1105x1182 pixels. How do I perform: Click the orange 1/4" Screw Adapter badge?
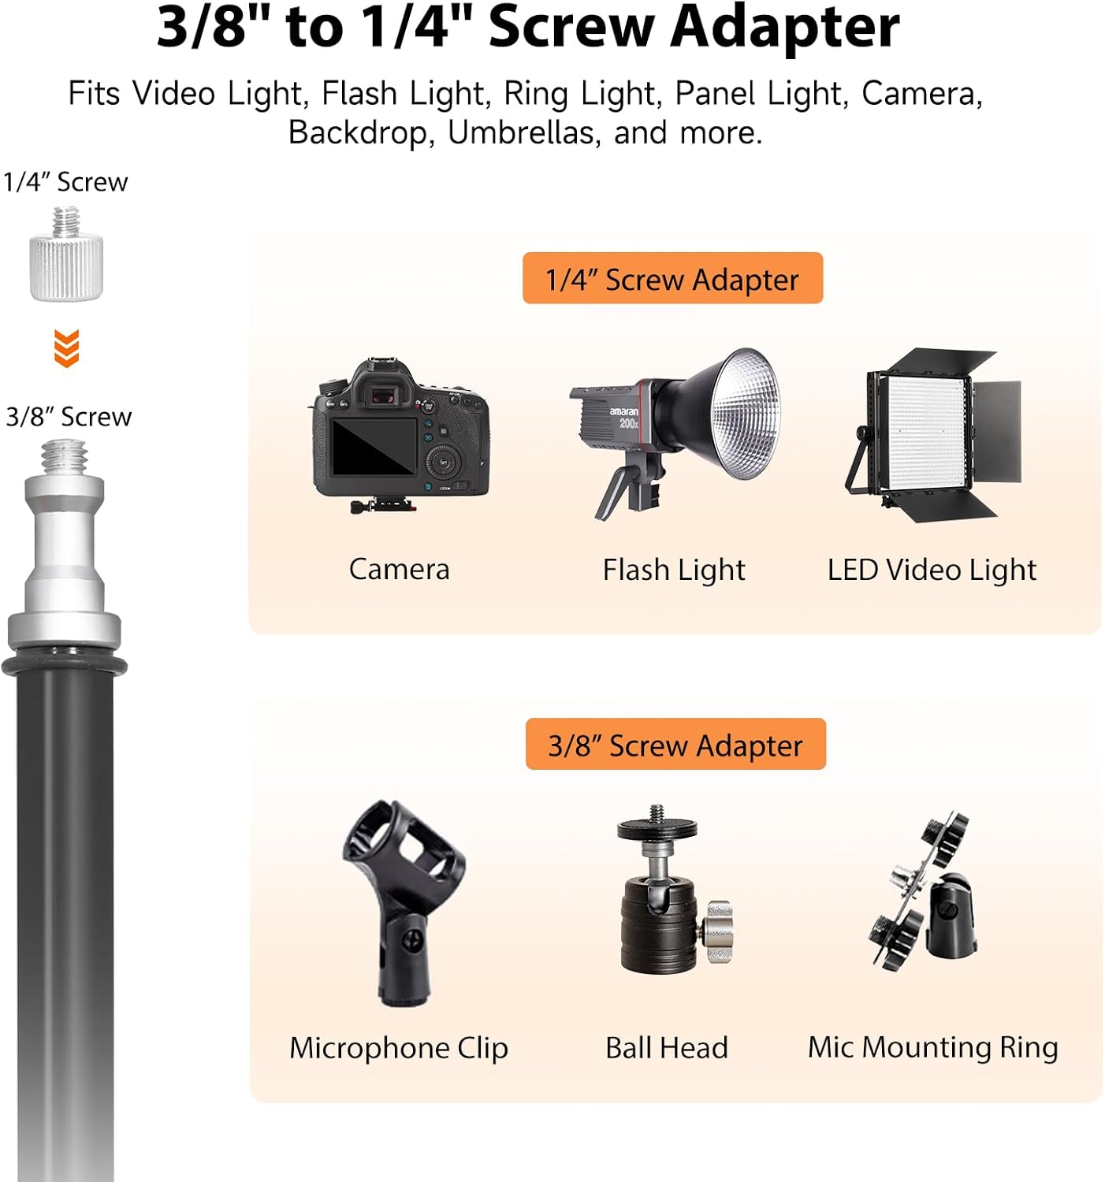(672, 278)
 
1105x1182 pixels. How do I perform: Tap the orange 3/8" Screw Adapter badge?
(675, 743)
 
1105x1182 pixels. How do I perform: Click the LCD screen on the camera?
(374, 446)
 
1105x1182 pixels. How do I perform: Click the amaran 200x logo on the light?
(623, 418)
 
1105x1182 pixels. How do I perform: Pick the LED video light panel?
(933, 434)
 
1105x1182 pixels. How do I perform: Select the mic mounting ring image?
(922, 891)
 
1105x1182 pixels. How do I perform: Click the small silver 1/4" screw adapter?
(66, 255)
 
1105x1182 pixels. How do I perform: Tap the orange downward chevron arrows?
(66, 348)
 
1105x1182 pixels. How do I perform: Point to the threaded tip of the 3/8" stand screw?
(65, 457)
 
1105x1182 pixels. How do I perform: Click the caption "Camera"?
(399, 569)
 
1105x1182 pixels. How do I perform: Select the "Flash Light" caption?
(673, 571)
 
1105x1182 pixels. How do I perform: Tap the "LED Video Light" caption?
(932, 571)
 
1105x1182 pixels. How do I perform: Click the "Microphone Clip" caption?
(398, 1048)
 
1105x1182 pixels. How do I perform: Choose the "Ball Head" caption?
(667, 1047)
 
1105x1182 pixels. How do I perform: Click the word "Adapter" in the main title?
(785, 28)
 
